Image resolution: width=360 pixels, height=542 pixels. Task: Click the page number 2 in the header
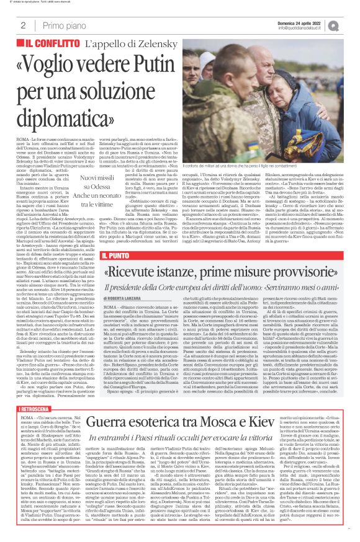click(x=22, y=25)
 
